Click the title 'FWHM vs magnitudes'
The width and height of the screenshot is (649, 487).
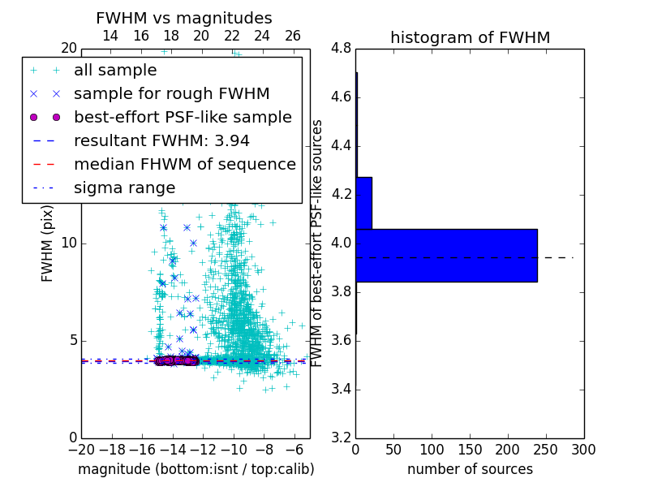point(183,18)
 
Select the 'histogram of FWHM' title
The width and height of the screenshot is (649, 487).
point(470,37)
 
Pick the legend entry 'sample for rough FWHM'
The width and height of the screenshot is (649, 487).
point(171,94)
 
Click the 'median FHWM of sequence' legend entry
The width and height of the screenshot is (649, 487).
point(184,164)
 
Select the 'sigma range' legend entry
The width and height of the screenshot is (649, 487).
point(124,187)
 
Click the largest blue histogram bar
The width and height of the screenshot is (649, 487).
point(446,255)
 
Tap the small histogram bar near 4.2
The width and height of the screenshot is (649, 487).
point(363,203)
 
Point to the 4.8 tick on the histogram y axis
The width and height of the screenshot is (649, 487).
point(342,49)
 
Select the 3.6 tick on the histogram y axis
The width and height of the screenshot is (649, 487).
point(342,340)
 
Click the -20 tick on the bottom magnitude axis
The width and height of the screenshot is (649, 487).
point(81,449)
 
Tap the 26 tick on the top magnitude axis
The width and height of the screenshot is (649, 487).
point(293,36)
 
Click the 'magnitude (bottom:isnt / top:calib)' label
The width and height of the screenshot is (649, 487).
point(196,469)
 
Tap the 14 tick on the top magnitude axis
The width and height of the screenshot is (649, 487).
point(110,36)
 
